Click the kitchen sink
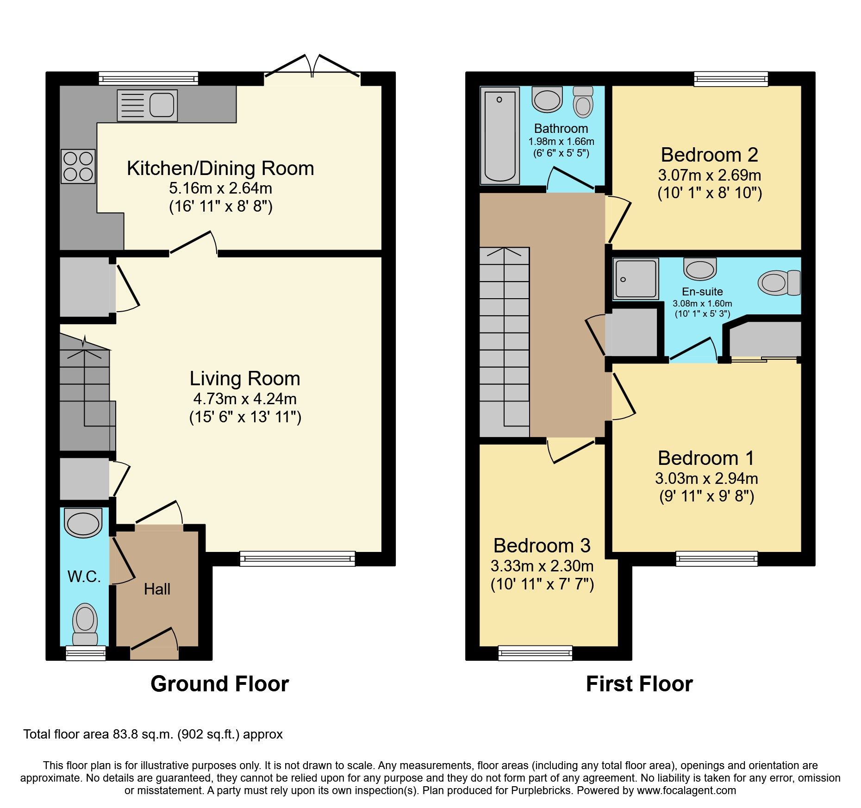click(x=147, y=105)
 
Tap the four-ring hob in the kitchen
click(x=78, y=166)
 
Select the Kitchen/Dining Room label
click(x=220, y=169)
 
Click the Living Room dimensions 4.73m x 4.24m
click(x=245, y=399)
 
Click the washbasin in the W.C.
click(x=83, y=523)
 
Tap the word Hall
click(x=157, y=589)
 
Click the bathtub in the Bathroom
click(x=500, y=135)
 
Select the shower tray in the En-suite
click(x=636, y=278)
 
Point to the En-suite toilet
click(x=779, y=282)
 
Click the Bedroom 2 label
click(x=709, y=155)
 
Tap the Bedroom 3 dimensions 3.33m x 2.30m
click(x=542, y=566)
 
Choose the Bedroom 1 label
click(x=706, y=458)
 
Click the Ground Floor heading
click(x=219, y=684)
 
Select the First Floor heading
click(x=639, y=684)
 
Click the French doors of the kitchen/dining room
click(x=312, y=69)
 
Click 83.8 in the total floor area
click(x=125, y=734)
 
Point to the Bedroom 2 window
click(x=731, y=79)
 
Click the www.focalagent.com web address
click(x=686, y=790)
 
